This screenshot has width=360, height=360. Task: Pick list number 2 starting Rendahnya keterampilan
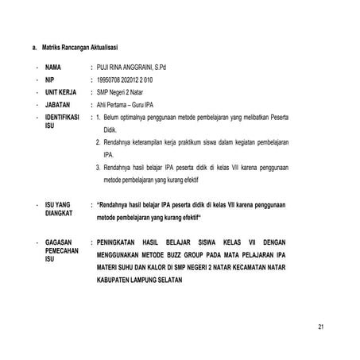point(97,142)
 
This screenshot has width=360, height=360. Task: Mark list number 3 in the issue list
point(97,168)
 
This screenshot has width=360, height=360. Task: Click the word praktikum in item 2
point(191,142)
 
